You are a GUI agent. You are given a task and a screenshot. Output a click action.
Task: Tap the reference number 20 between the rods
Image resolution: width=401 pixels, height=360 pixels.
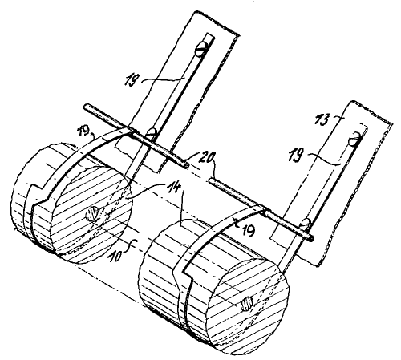205,159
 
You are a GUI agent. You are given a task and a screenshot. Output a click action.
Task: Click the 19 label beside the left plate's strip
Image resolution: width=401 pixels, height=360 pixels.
132,79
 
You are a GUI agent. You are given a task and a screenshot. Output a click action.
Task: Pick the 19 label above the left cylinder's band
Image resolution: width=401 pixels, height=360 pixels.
84,133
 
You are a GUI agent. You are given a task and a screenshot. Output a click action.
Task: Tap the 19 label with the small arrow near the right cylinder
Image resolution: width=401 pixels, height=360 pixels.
248,230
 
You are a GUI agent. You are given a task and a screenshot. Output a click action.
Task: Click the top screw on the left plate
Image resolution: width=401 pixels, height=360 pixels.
200,50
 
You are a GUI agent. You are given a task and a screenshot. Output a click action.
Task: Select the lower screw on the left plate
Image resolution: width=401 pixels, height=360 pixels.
152,132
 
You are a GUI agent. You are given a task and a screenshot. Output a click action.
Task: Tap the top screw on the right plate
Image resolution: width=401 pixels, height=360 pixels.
354,138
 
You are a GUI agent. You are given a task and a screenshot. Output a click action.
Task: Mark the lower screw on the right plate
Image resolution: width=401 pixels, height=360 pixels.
306,223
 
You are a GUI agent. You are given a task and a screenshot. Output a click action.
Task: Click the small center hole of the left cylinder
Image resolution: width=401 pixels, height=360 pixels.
91,215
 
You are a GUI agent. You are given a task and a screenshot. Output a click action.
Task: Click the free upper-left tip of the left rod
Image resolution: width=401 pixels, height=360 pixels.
86,107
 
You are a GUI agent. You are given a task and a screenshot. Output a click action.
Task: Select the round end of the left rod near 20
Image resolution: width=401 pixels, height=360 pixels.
185,165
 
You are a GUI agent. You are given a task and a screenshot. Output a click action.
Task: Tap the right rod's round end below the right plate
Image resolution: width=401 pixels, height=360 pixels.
311,238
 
